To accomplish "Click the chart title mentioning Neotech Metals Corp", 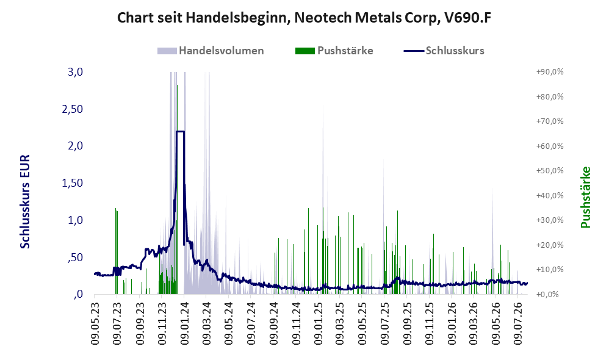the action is [304, 18].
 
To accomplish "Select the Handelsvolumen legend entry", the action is [211, 51].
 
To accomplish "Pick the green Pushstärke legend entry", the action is [334, 51].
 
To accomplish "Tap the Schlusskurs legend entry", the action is [444, 51].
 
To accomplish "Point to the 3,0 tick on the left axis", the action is [75, 72].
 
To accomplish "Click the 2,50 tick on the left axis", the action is [73, 109].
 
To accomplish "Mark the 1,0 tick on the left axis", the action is [75, 220].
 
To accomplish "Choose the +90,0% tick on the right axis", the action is [550, 72].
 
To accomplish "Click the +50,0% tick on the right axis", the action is [550, 170].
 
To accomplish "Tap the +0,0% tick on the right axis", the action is [547, 294].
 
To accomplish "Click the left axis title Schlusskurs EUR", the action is [25, 201].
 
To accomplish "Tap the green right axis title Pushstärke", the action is [585, 197].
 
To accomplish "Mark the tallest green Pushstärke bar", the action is [177, 190].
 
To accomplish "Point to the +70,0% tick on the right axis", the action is [550, 121].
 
